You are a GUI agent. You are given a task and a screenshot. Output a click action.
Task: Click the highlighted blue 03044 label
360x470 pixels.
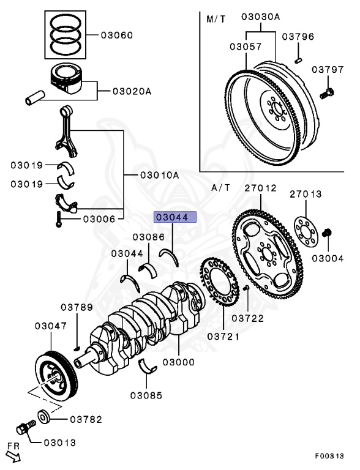click(175, 217)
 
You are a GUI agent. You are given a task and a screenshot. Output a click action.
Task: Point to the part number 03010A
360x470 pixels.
click(159, 174)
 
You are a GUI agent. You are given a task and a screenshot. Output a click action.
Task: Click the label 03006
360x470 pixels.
click(99, 218)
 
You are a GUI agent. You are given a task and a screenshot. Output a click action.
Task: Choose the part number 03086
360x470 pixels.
click(148, 236)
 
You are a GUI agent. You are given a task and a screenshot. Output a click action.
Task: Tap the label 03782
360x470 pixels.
click(86, 419)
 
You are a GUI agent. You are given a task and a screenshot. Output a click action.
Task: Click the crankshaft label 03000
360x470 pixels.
click(178, 362)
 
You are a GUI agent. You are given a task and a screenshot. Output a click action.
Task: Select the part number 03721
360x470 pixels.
click(223, 336)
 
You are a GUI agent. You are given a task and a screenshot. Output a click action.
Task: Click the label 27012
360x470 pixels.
click(261, 188)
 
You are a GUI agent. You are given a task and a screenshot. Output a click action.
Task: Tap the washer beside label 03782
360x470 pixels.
click(45, 417)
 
